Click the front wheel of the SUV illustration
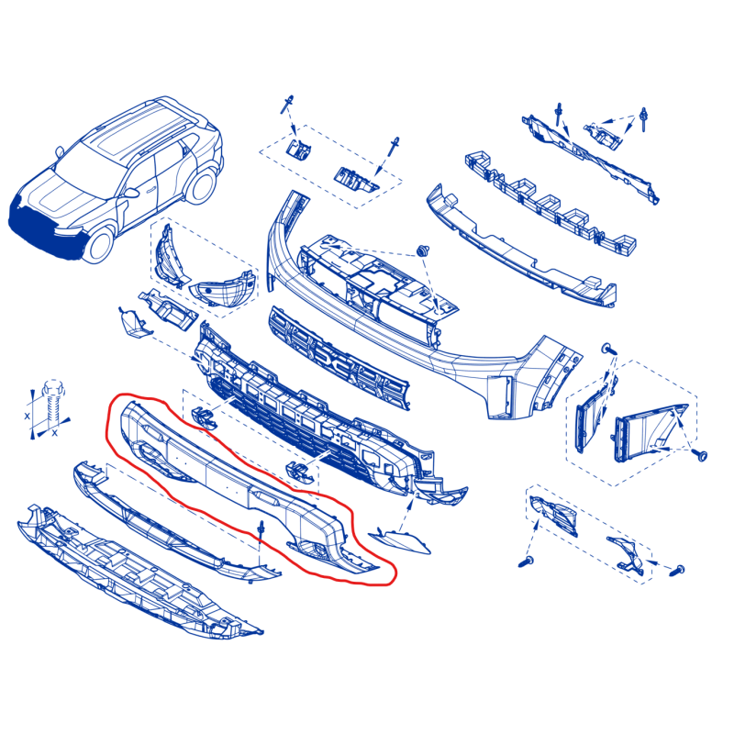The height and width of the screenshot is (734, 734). point(99,244)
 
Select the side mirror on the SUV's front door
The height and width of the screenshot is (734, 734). point(130,193)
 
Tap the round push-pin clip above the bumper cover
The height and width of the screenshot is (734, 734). point(423,250)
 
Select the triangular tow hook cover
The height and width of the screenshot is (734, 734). point(399,541)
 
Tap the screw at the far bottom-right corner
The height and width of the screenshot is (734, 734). point(678,570)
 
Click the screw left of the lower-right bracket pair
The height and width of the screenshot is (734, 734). point(526,562)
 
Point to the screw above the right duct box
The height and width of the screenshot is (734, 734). point(609,349)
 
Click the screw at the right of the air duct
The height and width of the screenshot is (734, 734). point(701,454)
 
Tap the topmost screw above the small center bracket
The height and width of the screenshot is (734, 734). point(286,104)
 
